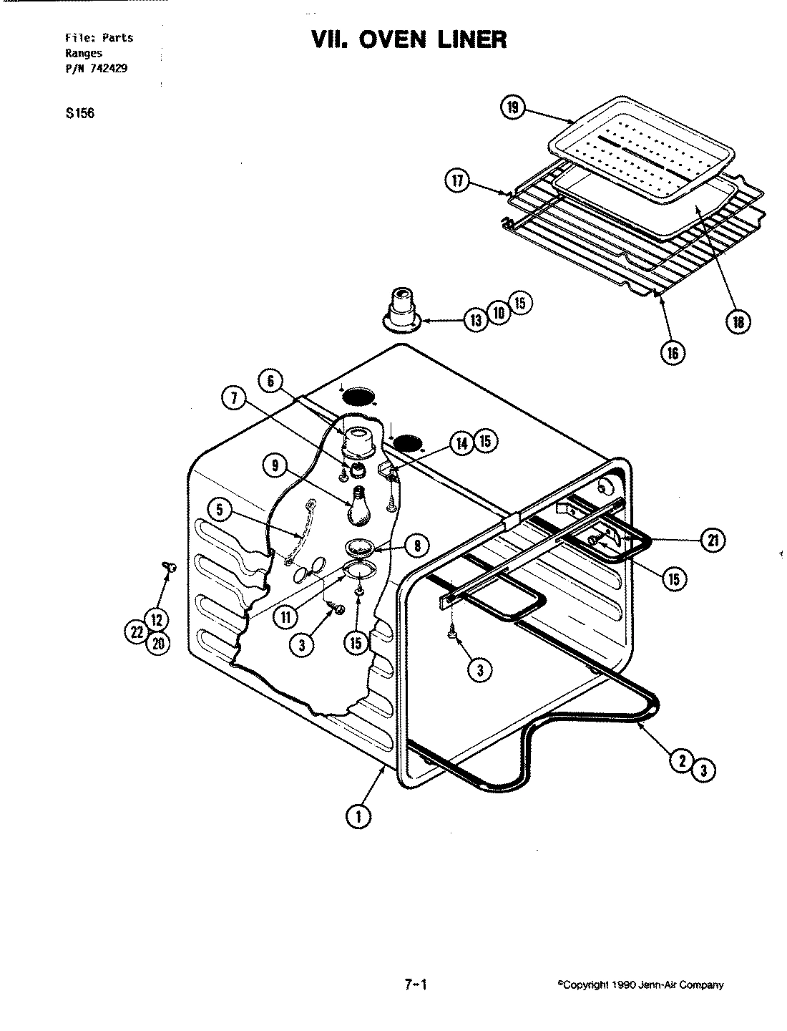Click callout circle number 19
[513, 109]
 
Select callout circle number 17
[457, 182]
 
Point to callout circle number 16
[673, 352]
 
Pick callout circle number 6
[270, 382]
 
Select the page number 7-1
[416, 984]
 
